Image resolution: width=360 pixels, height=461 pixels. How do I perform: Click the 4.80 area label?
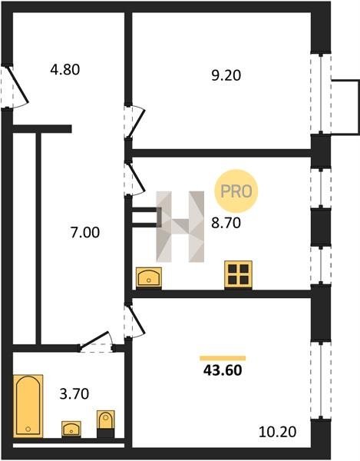coord(65,70)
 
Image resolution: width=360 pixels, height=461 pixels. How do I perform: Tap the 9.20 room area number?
coord(226,75)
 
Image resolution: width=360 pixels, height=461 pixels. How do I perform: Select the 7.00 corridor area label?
coord(85,233)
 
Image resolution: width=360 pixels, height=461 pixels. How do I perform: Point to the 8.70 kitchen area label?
coord(226,223)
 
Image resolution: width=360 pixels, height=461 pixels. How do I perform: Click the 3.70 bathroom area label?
coord(74,394)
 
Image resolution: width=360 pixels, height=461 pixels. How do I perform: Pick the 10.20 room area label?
coord(278,432)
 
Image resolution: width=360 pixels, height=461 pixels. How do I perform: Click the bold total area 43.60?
coord(223,370)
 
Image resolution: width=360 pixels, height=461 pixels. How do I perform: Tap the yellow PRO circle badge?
coord(236,191)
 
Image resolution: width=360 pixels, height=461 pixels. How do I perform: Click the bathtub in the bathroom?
coord(28,406)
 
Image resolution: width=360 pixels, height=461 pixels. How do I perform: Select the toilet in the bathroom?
coord(106,423)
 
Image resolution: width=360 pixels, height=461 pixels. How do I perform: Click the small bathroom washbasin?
coord(71,429)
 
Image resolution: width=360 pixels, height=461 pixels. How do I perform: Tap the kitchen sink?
coord(149,277)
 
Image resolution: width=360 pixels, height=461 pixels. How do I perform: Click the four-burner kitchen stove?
coord(238,274)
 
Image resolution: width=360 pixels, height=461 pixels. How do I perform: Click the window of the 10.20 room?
coord(321,380)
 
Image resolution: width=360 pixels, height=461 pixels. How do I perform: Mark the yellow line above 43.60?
coord(223,358)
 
